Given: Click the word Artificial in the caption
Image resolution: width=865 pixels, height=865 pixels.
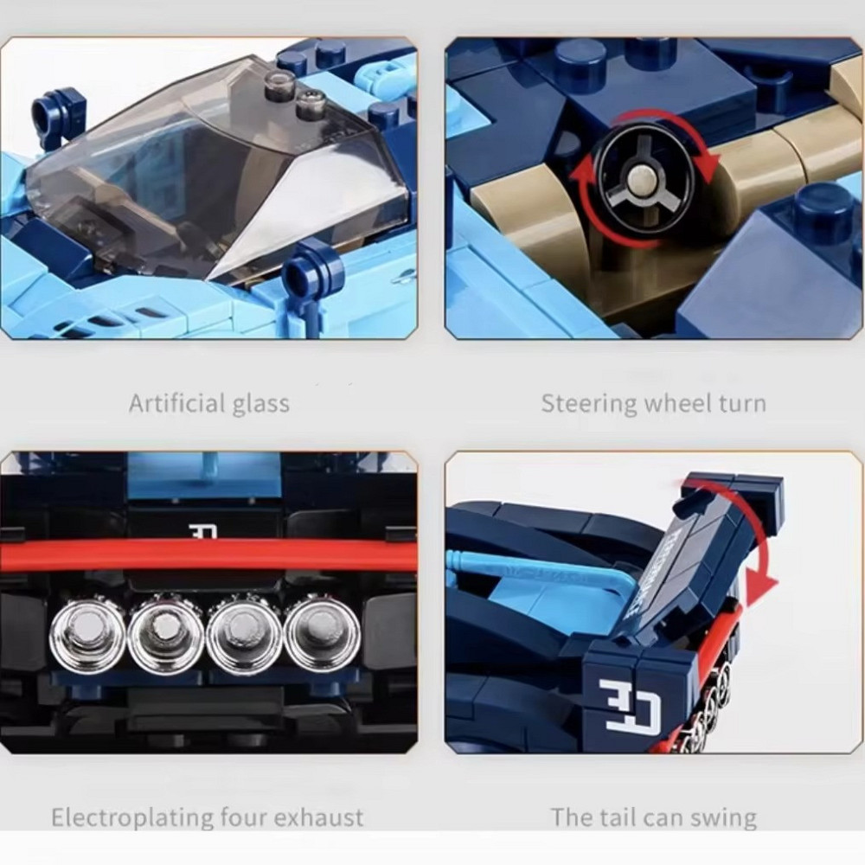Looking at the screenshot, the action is coord(176,403).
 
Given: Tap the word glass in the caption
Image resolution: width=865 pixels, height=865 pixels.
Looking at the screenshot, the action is coord(260,404).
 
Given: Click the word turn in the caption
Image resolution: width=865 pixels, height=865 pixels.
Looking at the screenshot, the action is coord(742,404).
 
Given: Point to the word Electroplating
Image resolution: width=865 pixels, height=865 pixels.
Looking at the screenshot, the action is coord(132,818).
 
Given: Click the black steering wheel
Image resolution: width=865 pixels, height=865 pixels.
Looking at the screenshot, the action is coord(644,178).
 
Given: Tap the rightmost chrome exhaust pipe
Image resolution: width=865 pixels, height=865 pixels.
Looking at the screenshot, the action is coord(322,632).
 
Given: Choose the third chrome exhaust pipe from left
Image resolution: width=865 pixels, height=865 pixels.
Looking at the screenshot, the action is coord(244,632).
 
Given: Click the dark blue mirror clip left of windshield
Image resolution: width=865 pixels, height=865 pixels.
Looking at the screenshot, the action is coord(59,112).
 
